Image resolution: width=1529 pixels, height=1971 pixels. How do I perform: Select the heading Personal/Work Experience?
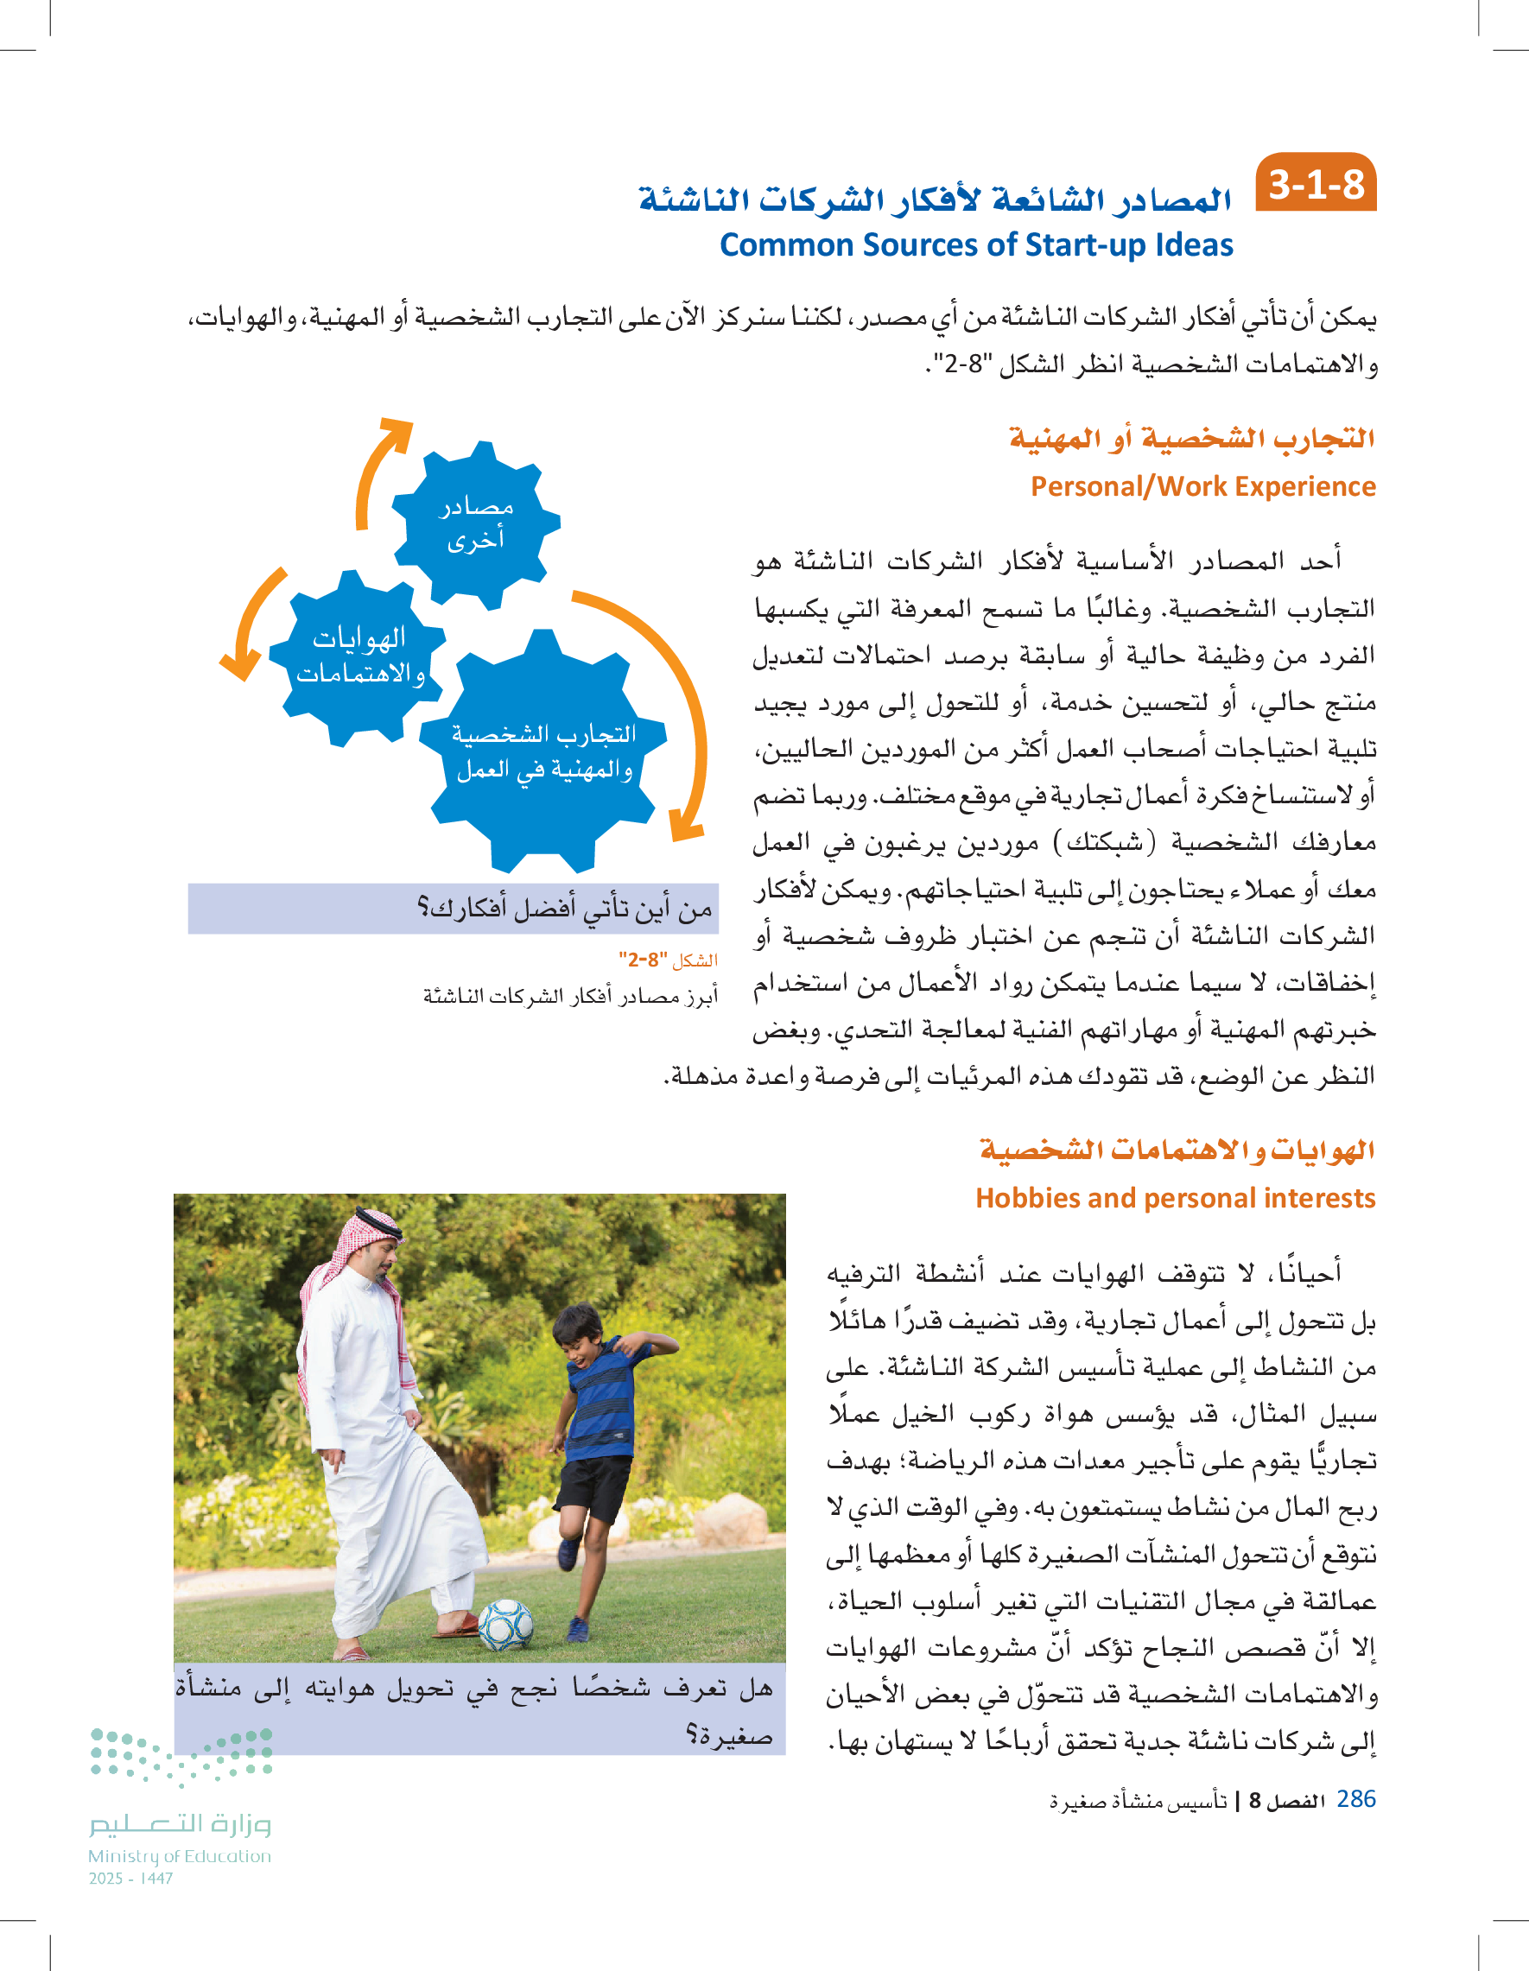(x=1202, y=486)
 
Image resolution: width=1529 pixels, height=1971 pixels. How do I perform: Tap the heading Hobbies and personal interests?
(x=1175, y=1198)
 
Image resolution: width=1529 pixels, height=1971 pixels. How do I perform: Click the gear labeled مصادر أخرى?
(x=476, y=524)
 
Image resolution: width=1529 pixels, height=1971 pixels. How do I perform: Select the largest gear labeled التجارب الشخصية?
(x=543, y=751)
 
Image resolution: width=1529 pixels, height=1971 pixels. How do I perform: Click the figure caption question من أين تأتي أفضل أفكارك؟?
(x=564, y=908)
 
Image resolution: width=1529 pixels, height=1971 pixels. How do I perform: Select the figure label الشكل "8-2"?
(x=668, y=960)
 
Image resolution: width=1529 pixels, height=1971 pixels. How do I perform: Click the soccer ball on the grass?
(x=505, y=1625)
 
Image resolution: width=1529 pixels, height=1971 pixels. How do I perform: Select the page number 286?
(x=1355, y=1798)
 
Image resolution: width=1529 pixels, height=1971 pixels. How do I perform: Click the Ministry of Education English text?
(x=179, y=1856)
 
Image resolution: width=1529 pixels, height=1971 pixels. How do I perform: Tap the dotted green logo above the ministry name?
(x=181, y=1756)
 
